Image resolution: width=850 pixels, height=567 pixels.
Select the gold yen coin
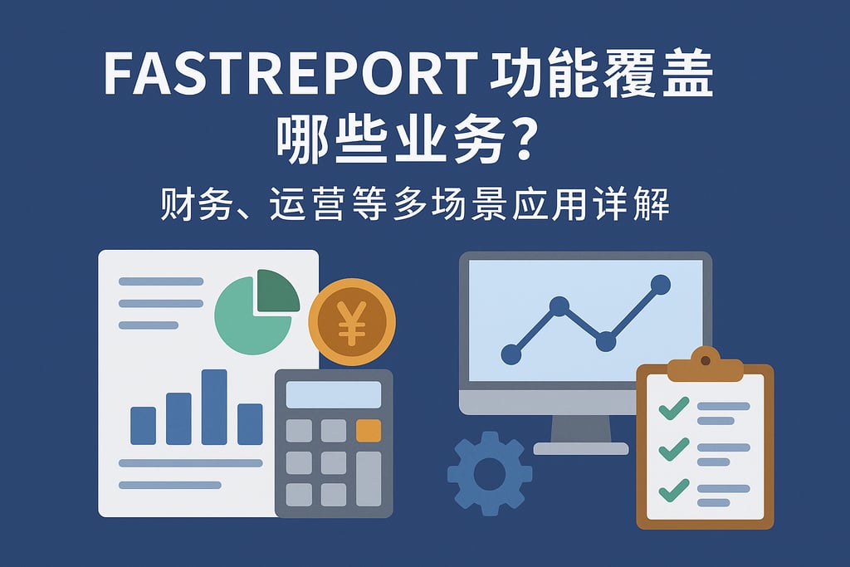click(x=352, y=321)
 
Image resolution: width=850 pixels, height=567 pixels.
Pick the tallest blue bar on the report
click(x=214, y=407)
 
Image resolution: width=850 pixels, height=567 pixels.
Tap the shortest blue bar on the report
click(x=143, y=425)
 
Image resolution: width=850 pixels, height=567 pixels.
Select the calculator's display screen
click(x=334, y=394)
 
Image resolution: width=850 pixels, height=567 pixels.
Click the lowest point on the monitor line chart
click(x=511, y=354)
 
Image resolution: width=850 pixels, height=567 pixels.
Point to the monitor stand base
click(x=581, y=448)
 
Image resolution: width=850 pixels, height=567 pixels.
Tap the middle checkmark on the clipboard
click(x=672, y=450)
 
